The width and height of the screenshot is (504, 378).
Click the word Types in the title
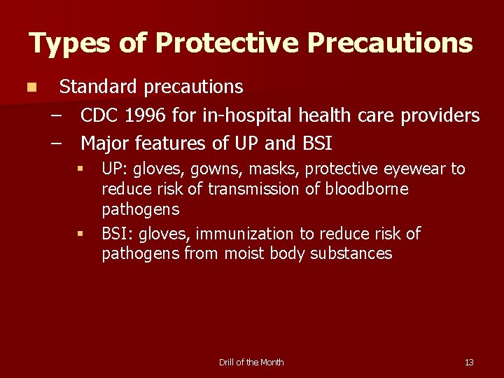pyautogui.click(x=68, y=43)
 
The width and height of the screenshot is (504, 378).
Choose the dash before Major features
pyautogui.click(x=56, y=143)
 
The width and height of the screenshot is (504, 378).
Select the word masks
pyautogui.click(x=269, y=169)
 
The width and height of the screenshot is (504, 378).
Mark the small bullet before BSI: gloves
pyautogui.click(x=80, y=233)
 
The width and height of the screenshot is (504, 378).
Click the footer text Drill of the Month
pyautogui.click(x=251, y=362)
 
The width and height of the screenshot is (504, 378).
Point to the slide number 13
pyautogui.click(x=469, y=362)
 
